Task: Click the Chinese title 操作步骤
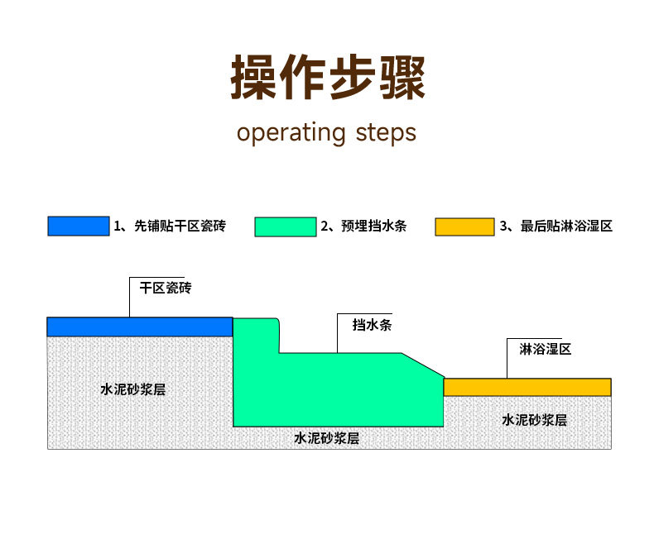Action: [328, 77]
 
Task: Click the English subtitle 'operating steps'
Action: [326, 133]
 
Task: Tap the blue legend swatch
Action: [79, 226]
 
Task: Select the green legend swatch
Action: [286, 227]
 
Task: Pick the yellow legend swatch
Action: [464, 227]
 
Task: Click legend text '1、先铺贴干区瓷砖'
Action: [170, 226]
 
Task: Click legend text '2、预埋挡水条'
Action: [363, 226]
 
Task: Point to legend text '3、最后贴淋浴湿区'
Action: [556, 227]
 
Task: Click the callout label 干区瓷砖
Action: [166, 288]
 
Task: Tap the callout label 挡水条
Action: [372, 325]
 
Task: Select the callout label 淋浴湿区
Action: [546, 349]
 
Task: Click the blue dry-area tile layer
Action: [140, 327]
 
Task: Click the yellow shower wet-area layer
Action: [527, 387]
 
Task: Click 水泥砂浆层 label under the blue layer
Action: [133, 389]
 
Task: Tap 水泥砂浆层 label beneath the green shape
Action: [326, 438]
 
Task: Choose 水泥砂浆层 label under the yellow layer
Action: [534, 420]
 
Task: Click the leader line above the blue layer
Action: [130, 297]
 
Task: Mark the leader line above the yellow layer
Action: [507, 358]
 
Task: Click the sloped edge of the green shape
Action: [423, 365]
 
